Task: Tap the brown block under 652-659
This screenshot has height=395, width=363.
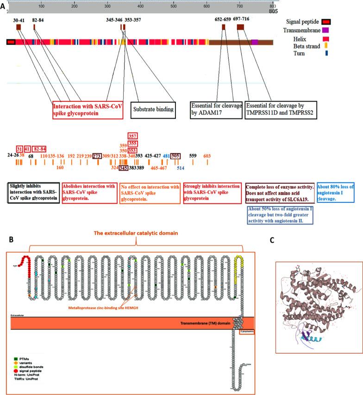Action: [224, 27]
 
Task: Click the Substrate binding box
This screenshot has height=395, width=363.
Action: [154, 109]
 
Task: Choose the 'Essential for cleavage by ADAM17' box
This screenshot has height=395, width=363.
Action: [216, 109]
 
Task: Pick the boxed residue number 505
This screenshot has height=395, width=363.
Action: [175, 156]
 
